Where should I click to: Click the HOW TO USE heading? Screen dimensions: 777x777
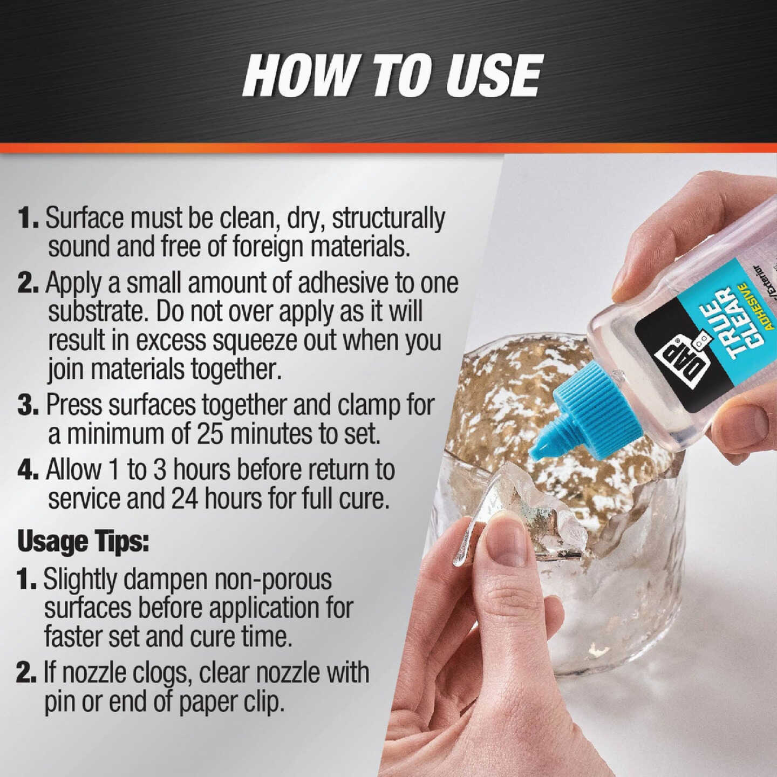(392, 75)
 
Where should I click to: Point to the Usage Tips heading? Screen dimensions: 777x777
(83, 541)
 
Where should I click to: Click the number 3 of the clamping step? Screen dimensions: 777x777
(27, 405)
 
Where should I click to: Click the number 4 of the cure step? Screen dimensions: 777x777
(27, 469)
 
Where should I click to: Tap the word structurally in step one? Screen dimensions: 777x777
(388, 218)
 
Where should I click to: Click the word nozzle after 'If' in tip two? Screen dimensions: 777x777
(96, 673)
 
